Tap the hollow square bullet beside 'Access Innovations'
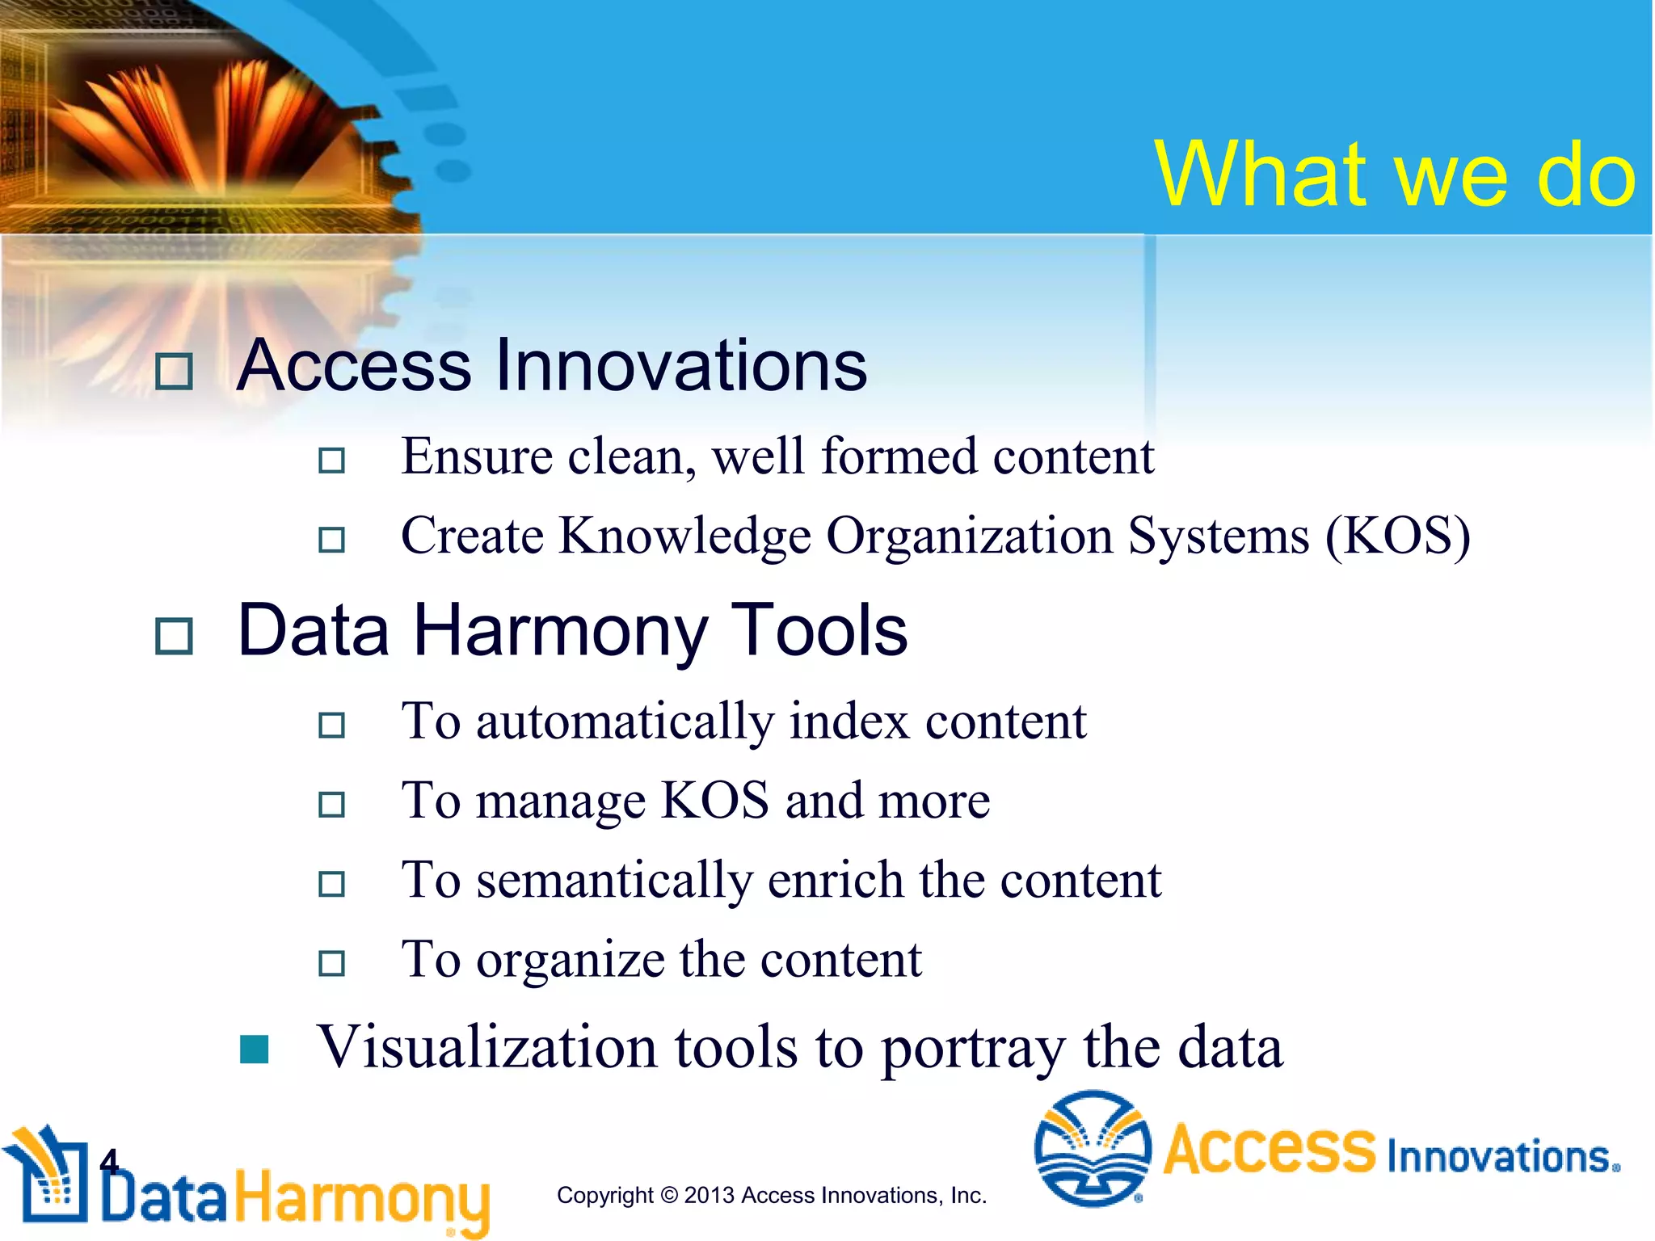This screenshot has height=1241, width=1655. point(174,372)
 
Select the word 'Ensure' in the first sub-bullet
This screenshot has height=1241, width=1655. point(477,457)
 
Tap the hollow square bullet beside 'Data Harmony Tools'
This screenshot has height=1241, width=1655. point(174,637)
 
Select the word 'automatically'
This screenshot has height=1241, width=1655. point(625,721)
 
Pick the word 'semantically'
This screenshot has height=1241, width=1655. point(613,881)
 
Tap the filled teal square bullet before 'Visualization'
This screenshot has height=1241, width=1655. point(255,1050)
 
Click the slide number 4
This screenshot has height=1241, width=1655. point(108,1162)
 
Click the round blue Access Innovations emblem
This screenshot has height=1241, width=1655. point(1093,1149)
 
